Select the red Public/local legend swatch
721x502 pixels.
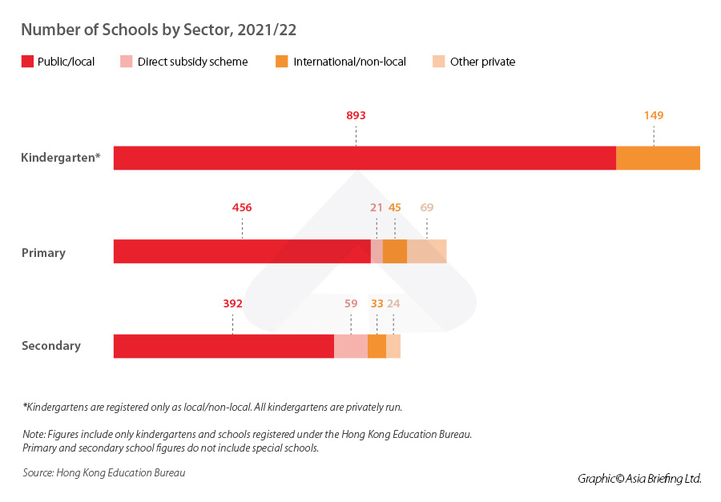click(x=27, y=62)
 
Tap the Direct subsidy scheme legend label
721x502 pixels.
click(x=192, y=62)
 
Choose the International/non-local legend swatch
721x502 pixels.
click(x=281, y=62)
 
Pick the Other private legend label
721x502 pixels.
click(x=482, y=62)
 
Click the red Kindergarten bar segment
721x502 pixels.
click(x=365, y=159)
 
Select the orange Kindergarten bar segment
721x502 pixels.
click(x=658, y=159)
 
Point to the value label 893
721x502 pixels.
click(x=356, y=115)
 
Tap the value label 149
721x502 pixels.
click(x=654, y=115)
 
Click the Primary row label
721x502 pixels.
click(x=43, y=252)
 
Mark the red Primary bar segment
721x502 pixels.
click(x=242, y=251)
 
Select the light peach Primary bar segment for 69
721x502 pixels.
click(x=426, y=251)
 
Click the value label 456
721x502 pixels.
click(x=242, y=207)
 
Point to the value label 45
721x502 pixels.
click(x=395, y=207)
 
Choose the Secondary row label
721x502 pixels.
click(x=51, y=346)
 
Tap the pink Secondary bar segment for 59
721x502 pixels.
click(x=351, y=346)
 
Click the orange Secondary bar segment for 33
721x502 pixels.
click(x=377, y=346)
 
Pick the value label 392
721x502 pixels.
click(x=232, y=303)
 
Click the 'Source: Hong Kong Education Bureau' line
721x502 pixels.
click(x=104, y=473)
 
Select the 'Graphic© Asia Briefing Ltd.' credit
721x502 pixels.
click(x=639, y=479)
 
